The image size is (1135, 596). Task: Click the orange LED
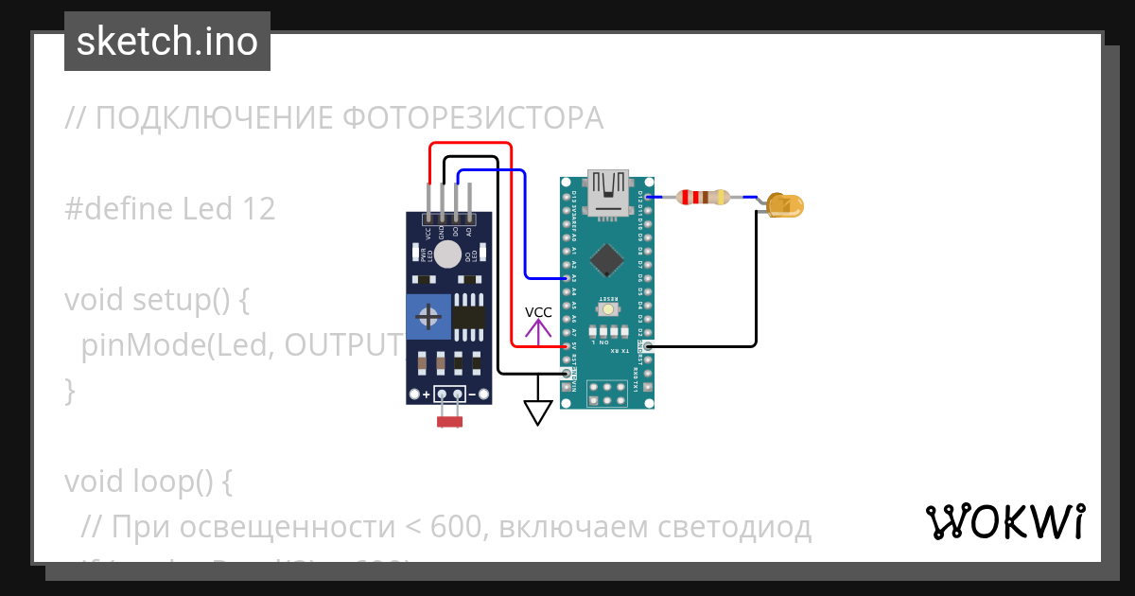[x=784, y=204]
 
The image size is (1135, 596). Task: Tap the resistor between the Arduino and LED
[x=703, y=197]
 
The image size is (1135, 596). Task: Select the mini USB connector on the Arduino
[x=607, y=192]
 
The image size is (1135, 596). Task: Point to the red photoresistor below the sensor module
[x=449, y=421]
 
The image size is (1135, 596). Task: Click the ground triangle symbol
[x=538, y=412]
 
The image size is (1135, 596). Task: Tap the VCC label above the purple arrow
[x=538, y=312]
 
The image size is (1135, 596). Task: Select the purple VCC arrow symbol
[x=538, y=332]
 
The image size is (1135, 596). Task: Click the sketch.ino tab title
[x=166, y=42]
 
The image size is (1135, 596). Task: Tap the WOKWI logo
[x=1004, y=521]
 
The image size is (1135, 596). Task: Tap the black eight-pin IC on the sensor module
[x=469, y=315]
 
